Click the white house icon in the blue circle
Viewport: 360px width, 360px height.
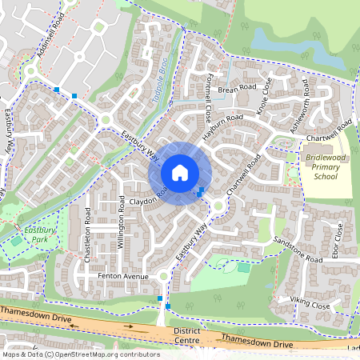180,172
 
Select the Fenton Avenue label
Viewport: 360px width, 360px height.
123,277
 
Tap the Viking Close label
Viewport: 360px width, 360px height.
309,305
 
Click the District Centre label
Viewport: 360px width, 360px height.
186,334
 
